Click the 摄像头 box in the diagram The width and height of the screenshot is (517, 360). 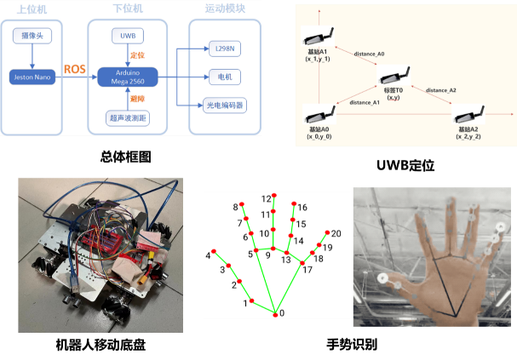(x=32, y=36)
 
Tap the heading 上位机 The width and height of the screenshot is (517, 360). (x=32, y=9)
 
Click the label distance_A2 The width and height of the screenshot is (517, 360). (x=440, y=90)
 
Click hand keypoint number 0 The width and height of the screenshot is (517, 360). (x=274, y=314)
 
